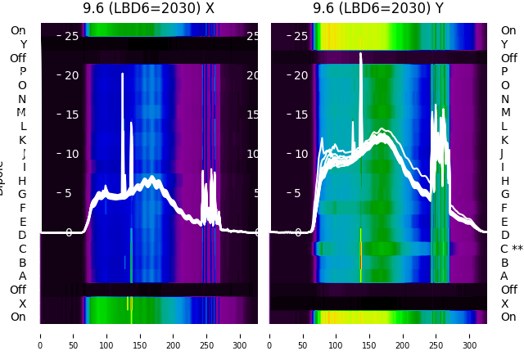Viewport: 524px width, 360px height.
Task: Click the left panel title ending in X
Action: pyautogui.click(x=148, y=8)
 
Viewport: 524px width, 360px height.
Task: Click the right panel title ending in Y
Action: pyautogui.click(x=378, y=8)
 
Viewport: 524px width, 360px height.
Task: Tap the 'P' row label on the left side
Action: pyautogui.click(x=22, y=71)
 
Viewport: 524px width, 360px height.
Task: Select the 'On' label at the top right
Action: pyautogui.click(x=508, y=30)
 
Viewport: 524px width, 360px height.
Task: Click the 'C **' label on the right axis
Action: pyautogui.click(x=511, y=249)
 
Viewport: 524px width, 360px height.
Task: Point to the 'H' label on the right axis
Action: pyautogui.click(x=504, y=180)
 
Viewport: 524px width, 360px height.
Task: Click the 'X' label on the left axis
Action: pyautogui.click(x=23, y=304)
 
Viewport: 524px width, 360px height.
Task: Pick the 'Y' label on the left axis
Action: pyautogui.click(x=23, y=44)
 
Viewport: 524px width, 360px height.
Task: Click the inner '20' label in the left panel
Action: pyautogui.click(x=72, y=75)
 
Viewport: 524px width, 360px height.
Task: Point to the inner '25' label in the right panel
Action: pyautogui.click(x=301, y=36)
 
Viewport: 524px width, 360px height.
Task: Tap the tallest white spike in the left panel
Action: pyautogui.click(x=122, y=76)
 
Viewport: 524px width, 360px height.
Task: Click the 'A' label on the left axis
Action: pyautogui.click(x=22, y=276)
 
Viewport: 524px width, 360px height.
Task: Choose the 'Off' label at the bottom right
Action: pyautogui.click(x=508, y=290)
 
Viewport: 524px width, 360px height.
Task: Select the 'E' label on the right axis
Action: pyautogui.click(x=504, y=221)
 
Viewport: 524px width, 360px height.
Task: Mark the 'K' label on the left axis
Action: pyautogui.click(x=22, y=140)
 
